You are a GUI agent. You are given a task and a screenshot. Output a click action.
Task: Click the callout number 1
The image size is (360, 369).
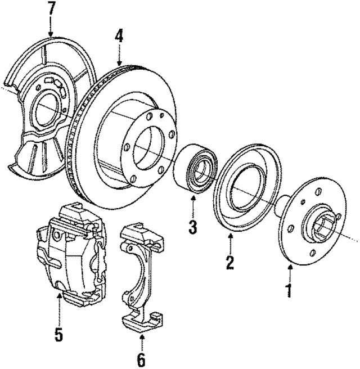[290, 291]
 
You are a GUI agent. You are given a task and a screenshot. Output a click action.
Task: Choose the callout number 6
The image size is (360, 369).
[141, 358]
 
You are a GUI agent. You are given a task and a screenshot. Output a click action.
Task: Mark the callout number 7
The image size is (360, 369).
[52, 8]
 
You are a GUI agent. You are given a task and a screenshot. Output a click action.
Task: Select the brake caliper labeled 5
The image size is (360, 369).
[70, 253]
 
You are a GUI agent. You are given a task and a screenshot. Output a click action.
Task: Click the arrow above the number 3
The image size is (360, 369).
[192, 211]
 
